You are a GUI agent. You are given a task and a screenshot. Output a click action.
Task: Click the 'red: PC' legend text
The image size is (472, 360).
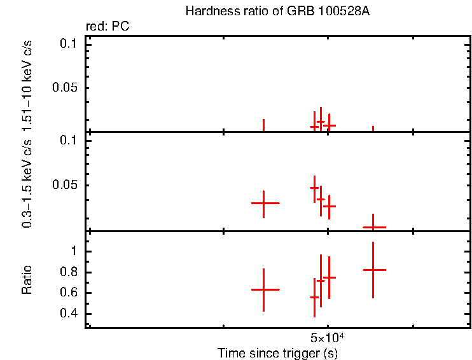coord(108,27)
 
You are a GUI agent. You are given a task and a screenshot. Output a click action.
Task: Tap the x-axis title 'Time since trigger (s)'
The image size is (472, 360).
coord(277,352)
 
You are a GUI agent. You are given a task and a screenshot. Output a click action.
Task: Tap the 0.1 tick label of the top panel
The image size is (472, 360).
coord(69,43)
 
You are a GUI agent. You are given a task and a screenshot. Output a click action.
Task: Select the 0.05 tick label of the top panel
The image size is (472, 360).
coord(65,88)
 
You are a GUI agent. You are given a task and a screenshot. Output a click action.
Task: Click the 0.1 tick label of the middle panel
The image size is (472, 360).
coord(69,141)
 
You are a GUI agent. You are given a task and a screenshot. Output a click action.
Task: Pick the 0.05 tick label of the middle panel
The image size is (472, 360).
coord(65,185)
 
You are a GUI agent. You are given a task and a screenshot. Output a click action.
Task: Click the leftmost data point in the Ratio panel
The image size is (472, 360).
coord(263,289)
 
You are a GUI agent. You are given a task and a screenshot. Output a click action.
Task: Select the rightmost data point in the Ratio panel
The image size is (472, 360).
coord(373,270)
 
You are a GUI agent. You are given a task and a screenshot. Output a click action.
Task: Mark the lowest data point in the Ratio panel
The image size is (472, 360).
coord(314,297)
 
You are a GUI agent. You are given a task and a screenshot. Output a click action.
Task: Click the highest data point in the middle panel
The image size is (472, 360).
coord(314,188)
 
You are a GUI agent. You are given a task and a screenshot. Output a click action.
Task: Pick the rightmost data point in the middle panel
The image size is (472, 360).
coord(373,227)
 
